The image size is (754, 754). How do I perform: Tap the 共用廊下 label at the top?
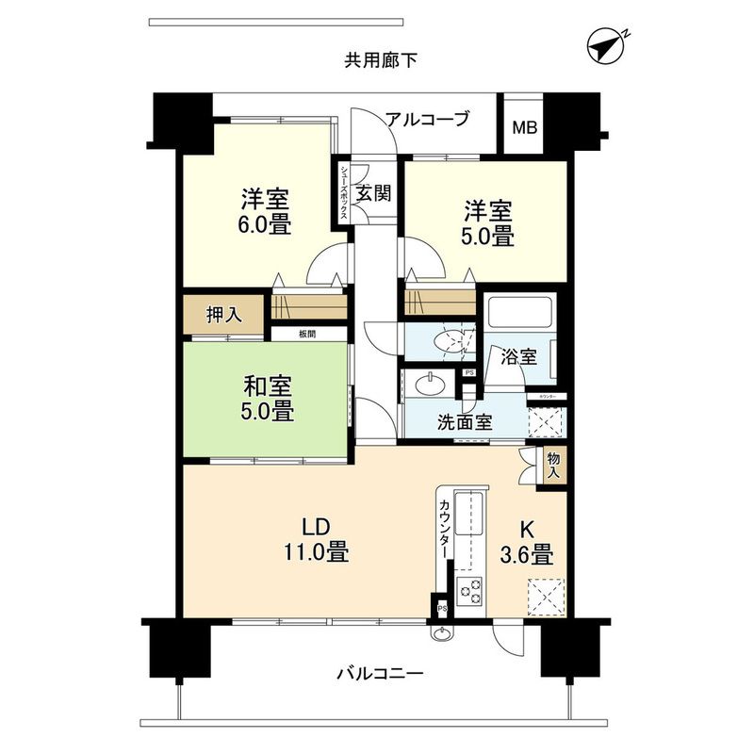(x=380, y=61)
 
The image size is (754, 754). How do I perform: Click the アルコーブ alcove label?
(x=426, y=119)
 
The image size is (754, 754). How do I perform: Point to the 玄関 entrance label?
(x=373, y=194)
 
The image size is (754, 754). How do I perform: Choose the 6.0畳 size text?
(x=264, y=225)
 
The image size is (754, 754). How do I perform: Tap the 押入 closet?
(x=224, y=315)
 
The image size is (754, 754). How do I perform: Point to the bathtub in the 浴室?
(x=518, y=312)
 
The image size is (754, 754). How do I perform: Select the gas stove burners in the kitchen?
(x=470, y=591)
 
